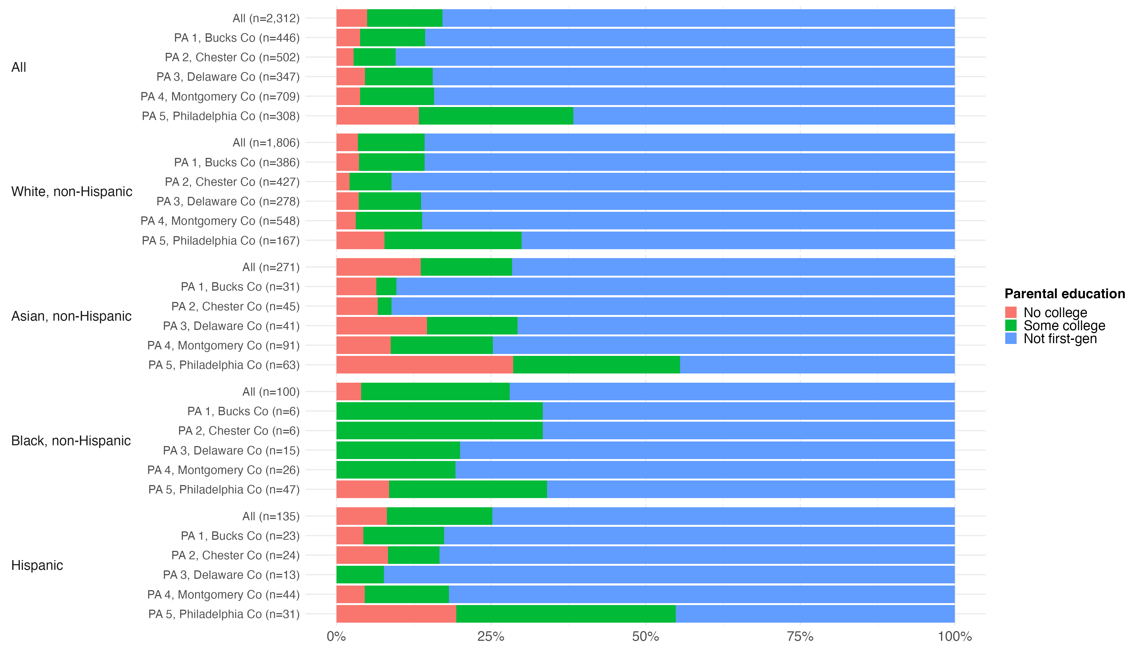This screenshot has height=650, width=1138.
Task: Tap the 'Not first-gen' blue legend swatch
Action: (x=1011, y=338)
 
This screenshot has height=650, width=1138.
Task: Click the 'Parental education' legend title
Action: (x=1064, y=294)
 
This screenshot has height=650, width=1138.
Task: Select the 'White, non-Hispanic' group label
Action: (x=72, y=191)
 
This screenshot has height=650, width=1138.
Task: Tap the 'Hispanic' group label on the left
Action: (x=37, y=565)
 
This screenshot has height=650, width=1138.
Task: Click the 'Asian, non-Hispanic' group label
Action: (x=71, y=316)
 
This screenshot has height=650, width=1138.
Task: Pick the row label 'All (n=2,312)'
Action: (x=266, y=18)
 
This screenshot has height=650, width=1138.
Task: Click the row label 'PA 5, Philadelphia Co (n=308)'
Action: (x=221, y=116)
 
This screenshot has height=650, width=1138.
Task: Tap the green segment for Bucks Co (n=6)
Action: (x=439, y=411)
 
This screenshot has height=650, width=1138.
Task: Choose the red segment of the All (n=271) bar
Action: (x=378, y=267)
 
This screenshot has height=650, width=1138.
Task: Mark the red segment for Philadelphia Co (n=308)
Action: (x=377, y=116)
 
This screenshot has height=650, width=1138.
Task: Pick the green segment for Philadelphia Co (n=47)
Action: (x=468, y=489)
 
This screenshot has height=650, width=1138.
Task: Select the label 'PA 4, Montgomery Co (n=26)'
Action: (x=223, y=470)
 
